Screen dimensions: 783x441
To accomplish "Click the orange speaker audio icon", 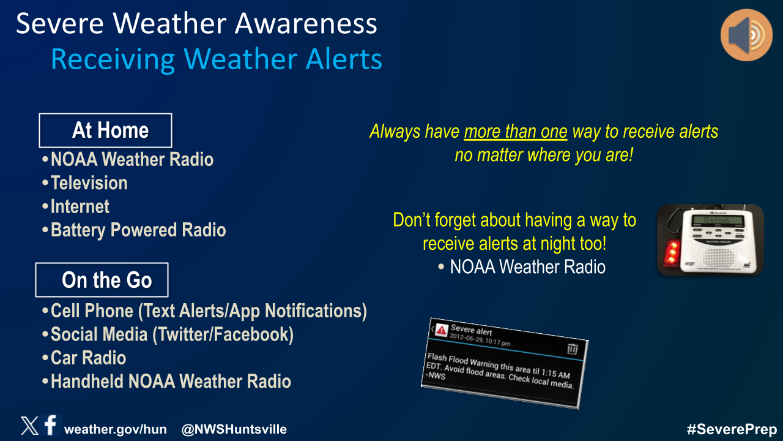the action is point(746,35).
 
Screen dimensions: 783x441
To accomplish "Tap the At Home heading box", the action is point(105,130).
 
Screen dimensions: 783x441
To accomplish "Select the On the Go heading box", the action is point(102,280).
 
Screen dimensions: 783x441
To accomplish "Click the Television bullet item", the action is point(85,183).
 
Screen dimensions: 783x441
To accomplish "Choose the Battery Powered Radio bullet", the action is point(134,230).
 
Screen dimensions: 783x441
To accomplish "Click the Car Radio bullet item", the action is point(84,358).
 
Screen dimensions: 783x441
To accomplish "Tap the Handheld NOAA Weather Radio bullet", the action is point(166,381).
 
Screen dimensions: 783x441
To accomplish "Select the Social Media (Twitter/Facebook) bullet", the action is point(168,334).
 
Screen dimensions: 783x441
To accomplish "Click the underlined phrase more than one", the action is point(516,132).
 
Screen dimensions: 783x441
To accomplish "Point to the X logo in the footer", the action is point(29,426).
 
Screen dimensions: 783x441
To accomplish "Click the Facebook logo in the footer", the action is point(51,424).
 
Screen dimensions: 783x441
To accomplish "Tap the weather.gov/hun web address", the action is point(116,429).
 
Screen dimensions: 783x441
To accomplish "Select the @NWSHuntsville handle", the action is point(234,429).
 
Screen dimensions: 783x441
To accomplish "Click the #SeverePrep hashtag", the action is point(732,429).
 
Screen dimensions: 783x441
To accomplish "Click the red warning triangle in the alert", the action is point(442,330).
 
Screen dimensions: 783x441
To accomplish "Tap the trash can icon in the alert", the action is point(573,349).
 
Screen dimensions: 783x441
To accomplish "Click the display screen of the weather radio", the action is point(718,221).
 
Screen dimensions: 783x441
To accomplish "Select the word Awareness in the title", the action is point(306,23).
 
